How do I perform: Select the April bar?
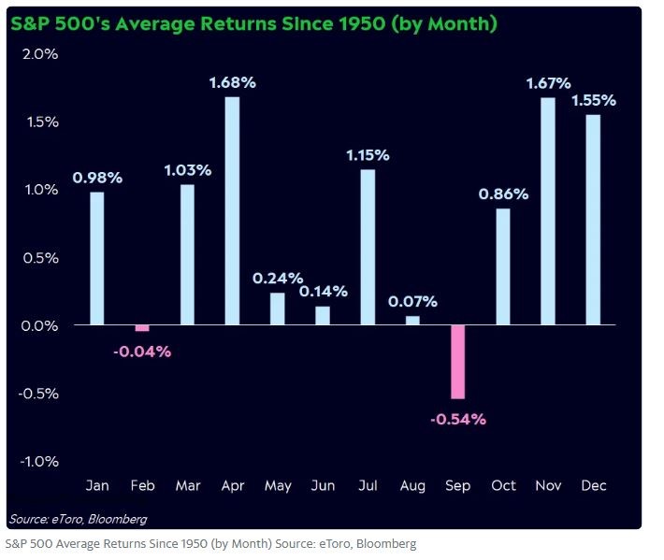[x=232, y=210]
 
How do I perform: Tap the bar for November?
[x=548, y=210]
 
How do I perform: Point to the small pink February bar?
[x=142, y=328]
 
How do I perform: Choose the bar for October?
[x=503, y=266]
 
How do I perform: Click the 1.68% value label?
[x=232, y=82]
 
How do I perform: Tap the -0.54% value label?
[x=458, y=419]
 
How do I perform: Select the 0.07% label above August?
[x=413, y=302]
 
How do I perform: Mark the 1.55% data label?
[x=593, y=100]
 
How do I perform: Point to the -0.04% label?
[x=142, y=352]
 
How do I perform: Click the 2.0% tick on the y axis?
[x=39, y=54]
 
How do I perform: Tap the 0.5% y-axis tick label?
[x=39, y=258]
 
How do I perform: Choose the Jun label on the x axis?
[x=323, y=485]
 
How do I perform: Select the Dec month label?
[x=593, y=485]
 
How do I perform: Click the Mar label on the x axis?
[x=187, y=485]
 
